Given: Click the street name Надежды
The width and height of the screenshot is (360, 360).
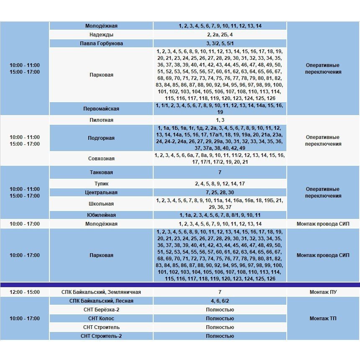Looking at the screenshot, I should (x=101, y=35).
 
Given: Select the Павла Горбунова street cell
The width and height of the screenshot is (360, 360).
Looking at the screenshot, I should (x=101, y=44).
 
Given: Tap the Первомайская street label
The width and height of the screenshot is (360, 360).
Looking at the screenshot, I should (x=101, y=109).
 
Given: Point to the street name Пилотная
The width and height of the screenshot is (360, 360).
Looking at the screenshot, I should (x=101, y=120).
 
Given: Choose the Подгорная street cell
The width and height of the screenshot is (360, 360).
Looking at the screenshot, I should (x=101, y=138).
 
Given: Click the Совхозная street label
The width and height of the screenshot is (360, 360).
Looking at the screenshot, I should (x=101, y=159).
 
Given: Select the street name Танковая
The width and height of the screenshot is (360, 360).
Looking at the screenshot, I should (x=101, y=172).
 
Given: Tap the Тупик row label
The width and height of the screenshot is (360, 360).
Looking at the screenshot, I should (x=101, y=184).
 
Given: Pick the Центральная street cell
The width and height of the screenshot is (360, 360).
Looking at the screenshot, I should (x=101, y=193).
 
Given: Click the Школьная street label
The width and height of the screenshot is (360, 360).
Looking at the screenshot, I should (x=101, y=204).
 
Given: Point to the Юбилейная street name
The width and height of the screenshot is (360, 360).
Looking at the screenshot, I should (x=101, y=215).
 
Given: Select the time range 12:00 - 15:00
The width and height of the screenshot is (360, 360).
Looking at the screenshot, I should (x=25, y=292).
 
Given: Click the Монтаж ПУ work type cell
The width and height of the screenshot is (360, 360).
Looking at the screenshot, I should (x=323, y=292).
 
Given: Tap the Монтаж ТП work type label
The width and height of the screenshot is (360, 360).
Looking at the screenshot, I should (x=323, y=319).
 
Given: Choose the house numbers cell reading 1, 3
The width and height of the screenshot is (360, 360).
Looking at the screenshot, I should (x=220, y=120).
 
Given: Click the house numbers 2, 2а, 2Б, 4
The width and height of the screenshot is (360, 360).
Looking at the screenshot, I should (x=220, y=35).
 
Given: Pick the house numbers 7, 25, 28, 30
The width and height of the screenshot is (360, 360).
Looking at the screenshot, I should (x=220, y=193).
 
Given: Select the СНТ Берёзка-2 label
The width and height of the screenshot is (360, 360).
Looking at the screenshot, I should (x=101, y=310).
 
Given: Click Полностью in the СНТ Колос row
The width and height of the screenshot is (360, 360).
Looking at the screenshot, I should (x=220, y=319).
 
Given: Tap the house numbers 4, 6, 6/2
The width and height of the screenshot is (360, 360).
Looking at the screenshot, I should (x=220, y=301).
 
